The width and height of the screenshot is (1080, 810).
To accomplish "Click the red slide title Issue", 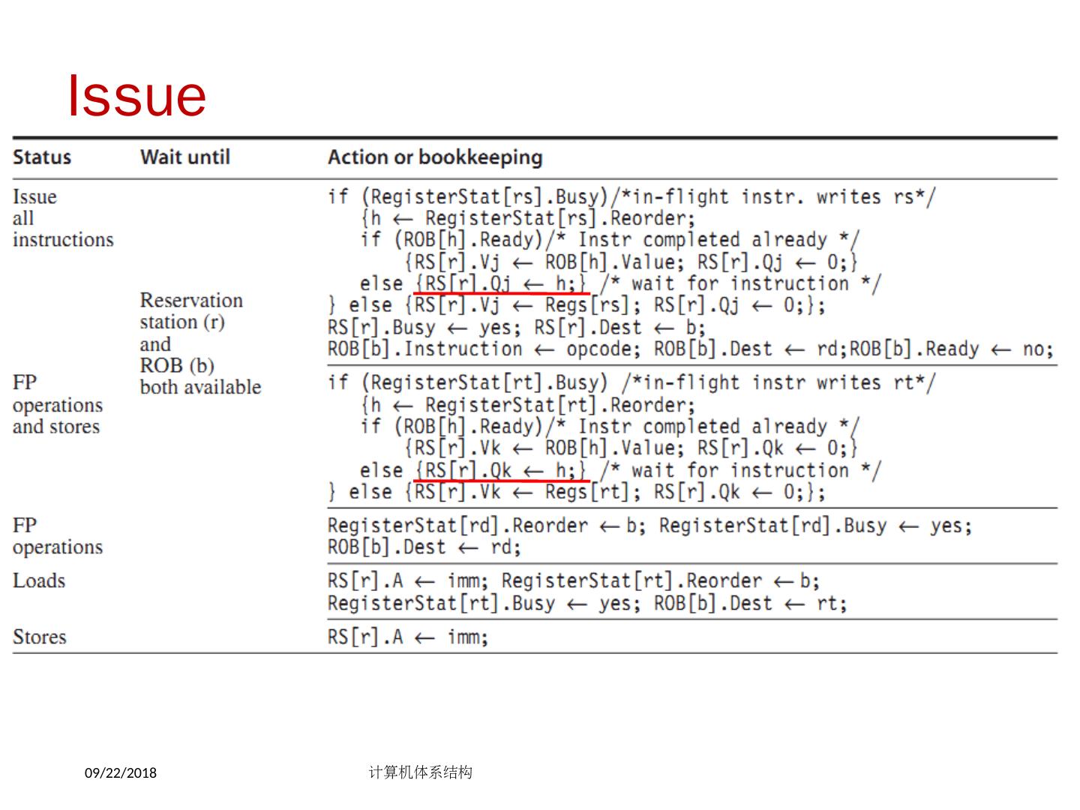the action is coord(136,96).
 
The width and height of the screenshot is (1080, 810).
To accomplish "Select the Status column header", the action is coord(42,157).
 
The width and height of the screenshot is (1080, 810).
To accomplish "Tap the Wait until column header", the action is coord(185,157).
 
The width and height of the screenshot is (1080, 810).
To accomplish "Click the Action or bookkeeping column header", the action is coord(435,157).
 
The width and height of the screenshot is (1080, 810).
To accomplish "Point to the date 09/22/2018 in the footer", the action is coord(121,772).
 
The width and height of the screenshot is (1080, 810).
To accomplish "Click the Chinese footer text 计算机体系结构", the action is coord(421,772).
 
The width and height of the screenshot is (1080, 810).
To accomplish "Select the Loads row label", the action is coord(39,581).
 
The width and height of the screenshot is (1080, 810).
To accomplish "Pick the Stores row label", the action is coord(40,637).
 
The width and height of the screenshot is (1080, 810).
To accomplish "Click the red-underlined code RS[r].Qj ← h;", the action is coord(501,283).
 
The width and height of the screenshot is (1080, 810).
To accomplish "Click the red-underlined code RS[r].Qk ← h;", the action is coord(501,470).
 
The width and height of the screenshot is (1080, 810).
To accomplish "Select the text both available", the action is coord(200,388).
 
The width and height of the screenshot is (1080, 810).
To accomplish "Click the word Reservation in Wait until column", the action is coord(191,301).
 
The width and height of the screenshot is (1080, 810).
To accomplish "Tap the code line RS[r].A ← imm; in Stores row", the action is coord(407,637).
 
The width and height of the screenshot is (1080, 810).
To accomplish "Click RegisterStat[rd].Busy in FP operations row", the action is coord(772,526).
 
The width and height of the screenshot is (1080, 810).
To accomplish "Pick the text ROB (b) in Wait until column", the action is coord(177,366).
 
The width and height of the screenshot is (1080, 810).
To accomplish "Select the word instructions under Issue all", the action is coord(63,240).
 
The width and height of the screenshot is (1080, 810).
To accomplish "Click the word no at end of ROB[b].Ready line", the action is coord(1036,349).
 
